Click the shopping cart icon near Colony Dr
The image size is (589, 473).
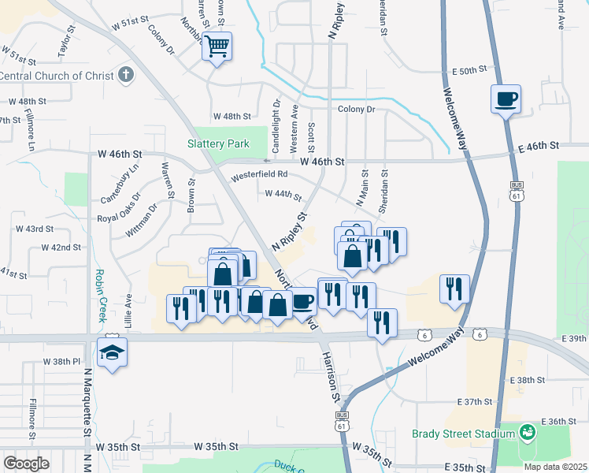217,46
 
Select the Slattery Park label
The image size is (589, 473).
218,143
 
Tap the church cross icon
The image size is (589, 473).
125,76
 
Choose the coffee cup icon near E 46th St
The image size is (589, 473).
506,99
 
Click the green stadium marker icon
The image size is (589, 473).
527,432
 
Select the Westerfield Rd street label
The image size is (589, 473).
259,174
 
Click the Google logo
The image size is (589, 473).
26,464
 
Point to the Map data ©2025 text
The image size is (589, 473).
555,467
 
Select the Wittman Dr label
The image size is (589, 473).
141,220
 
